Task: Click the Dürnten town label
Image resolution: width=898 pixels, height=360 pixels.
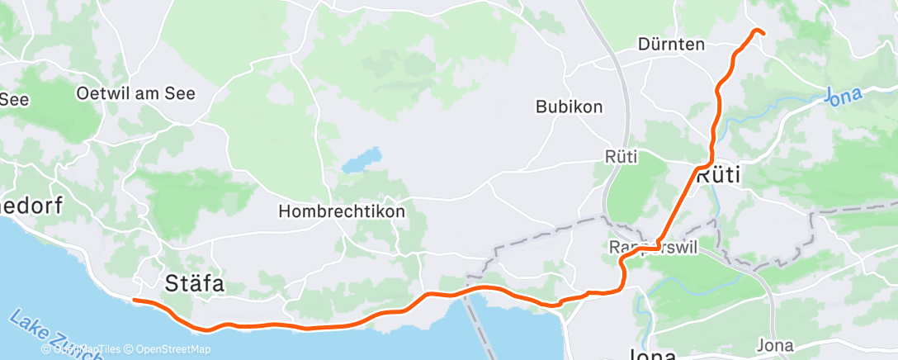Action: pyautogui.click(x=671, y=45)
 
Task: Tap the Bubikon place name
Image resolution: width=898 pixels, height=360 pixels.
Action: pyautogui.click(x=569, y=107)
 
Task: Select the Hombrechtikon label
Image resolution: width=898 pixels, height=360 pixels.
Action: pyautogui.click(x=342, y=211)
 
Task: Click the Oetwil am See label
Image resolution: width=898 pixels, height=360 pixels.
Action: pyautogui.click(x=135, y=93)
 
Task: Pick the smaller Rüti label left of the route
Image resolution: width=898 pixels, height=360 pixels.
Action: pyautogui.click(x=621, y=156)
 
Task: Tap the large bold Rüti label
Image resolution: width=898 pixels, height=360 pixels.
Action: pyautogui.click(x=718, y=176)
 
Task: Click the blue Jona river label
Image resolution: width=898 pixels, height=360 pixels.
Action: pyautogui.click(x=844, y=96)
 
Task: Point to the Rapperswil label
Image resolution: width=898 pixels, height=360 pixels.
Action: pyautogui.click(x=652, y=249)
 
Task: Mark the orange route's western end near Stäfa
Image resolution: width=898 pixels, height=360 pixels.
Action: pyautogui.click(x=134, y=301)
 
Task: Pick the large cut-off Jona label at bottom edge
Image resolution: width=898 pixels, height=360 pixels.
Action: pyautogui.click(x=652, y=354)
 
